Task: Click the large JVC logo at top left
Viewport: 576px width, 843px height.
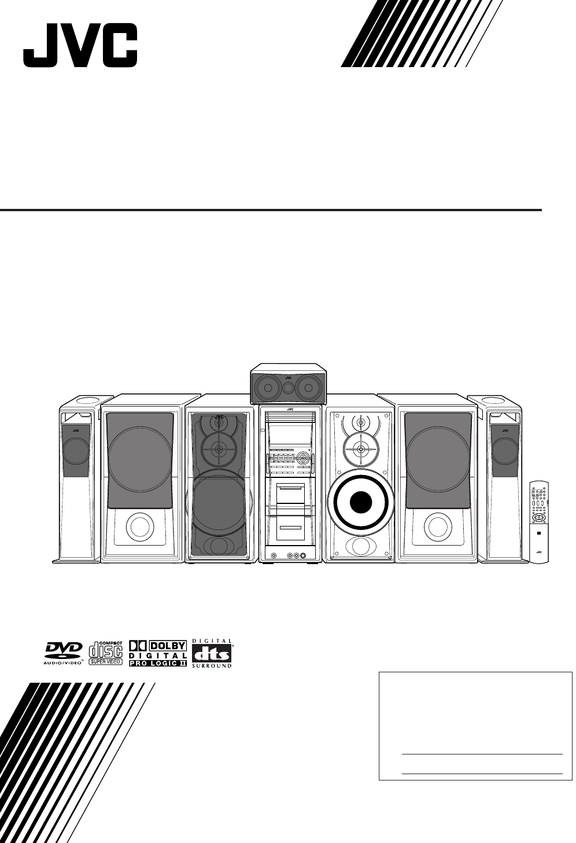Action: click(x=80, y=45)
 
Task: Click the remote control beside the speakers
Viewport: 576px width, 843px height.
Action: click(x=538, y=521)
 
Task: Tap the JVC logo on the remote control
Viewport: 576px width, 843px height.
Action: click(x=538, y=552)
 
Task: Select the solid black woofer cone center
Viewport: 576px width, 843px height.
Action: click(x=361, y=501)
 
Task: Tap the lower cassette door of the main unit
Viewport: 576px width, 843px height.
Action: click(x=290, y=527)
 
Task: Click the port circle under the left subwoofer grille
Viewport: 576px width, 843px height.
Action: click(x=139, y=527)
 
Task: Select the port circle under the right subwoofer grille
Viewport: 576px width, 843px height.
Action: click(x=437, y=527)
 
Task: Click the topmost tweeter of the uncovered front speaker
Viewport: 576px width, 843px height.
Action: click(x=361, y=423)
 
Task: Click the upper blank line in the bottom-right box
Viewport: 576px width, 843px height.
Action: click(x=481, y=754)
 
